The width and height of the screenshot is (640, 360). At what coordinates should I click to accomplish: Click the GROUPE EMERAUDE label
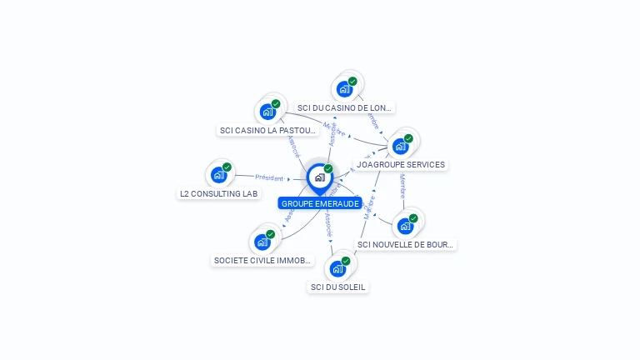320,203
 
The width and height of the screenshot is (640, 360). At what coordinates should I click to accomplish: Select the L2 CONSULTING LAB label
219,193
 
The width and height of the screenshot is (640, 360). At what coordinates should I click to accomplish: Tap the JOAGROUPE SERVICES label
400,165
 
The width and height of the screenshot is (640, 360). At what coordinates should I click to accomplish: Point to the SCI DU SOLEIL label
337,287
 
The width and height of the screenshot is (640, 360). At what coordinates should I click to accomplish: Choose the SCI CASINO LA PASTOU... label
267,130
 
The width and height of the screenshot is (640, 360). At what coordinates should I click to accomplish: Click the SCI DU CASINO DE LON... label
345,107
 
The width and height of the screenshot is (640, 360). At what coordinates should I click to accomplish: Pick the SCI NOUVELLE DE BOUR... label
405,244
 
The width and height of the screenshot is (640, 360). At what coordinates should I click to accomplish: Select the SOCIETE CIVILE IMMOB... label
262,260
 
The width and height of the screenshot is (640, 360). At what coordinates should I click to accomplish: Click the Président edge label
269,177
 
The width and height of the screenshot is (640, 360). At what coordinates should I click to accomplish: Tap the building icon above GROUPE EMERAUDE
319,177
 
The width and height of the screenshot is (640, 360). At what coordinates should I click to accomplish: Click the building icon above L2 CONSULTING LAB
219,174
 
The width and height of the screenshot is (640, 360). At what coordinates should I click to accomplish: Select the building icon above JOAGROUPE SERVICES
401,146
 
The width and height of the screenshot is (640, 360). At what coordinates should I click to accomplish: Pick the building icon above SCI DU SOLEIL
337,268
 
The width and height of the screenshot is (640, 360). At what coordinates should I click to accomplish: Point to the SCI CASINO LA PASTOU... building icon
267,111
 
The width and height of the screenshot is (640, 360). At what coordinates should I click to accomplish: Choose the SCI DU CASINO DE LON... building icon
344,88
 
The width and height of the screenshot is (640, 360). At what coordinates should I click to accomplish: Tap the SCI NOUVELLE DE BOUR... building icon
405,225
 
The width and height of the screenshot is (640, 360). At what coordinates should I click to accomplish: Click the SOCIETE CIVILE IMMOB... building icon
262,242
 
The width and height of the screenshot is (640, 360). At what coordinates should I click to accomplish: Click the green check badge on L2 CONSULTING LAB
227,167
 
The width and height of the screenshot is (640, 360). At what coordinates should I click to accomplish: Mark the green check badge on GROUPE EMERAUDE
328,169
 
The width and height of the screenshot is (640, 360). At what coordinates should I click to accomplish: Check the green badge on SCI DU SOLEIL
346,261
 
